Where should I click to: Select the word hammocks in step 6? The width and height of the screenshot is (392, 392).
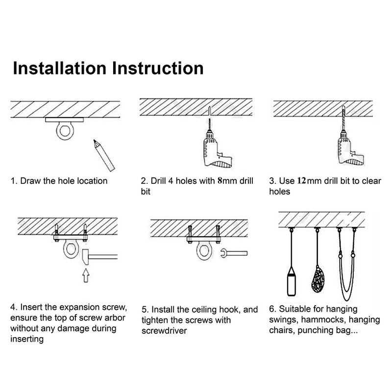[330, 320]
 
